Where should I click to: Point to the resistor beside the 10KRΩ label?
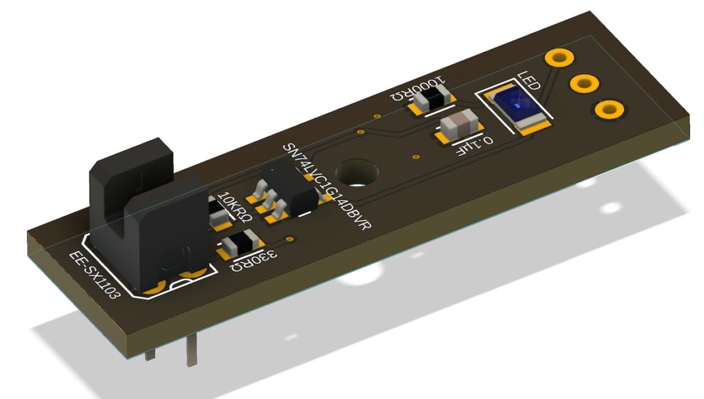(x=217, y=214)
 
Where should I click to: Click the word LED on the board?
(x=528, y=81)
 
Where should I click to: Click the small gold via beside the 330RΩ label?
(x=289, y=239)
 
